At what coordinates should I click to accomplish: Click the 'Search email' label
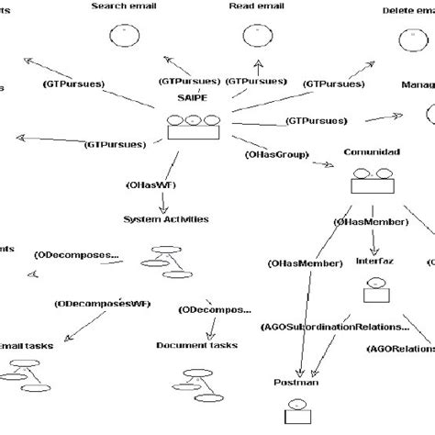click(x=123, y=6)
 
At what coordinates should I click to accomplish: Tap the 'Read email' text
click(x=256, y=6)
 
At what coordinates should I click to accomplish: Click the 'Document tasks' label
click(x=196, y=344)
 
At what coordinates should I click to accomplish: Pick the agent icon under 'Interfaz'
click(x=374, y=292)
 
